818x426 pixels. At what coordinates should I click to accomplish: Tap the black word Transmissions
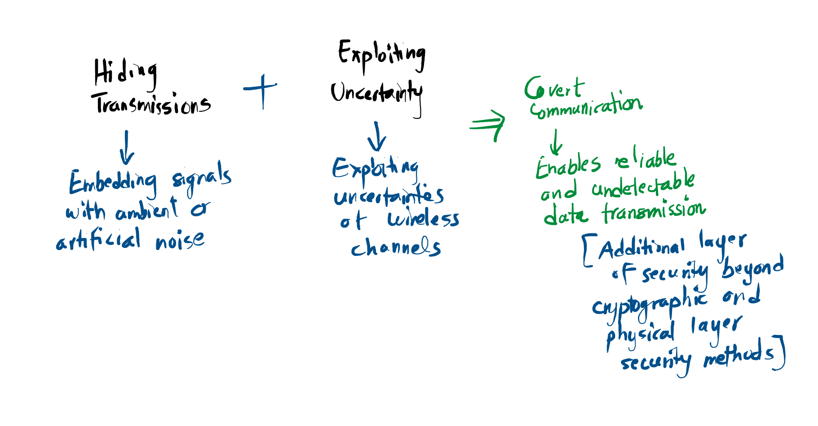(x=151, y=105)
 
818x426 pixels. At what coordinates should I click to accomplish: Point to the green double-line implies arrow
(x=488, y=125)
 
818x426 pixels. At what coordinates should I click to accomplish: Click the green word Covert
(x=554, y=88)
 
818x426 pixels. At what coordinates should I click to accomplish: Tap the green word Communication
(x=586, y=106)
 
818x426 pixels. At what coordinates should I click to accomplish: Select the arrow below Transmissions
(x=127, y=148)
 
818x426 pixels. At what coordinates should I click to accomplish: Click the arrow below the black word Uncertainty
(x=377, y=137)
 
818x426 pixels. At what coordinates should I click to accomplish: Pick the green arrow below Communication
(x=556, y=142)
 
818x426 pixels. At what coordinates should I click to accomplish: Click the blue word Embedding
(x=113, y=182)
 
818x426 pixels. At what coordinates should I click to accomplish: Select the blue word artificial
(x=98, y=240)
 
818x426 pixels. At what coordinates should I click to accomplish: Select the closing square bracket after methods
(x=780, y=353)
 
